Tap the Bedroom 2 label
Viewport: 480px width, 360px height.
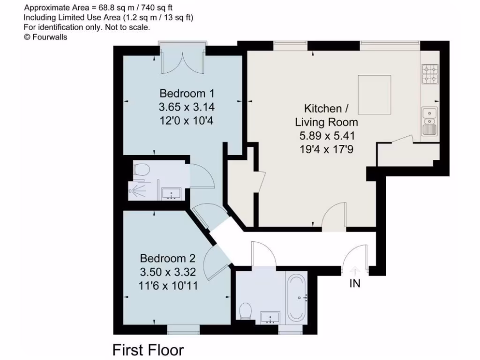(x=168, y=258)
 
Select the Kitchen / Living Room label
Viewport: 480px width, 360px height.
(x=326, y=115)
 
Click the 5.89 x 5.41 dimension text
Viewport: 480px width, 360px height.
(x=326, y=136)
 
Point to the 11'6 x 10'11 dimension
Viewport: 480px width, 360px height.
(x=168, y=285)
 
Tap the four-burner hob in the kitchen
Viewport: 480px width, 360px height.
(x=429, y=74)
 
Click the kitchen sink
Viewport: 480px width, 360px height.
(x=429, y=114)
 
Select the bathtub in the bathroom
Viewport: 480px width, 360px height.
(x=296, y=297)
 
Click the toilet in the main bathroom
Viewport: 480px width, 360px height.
(x=245, y=310)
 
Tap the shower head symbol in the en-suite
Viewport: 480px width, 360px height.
(x=137, y=191)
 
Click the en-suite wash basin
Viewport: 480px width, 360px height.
(x=172, y=194)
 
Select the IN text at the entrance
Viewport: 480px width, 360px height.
(x=355, y=284)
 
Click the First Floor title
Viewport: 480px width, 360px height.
(x=148, y=350)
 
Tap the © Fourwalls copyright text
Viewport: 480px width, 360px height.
(x=45, y=37)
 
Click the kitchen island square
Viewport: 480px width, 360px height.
(x=375, y=95)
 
